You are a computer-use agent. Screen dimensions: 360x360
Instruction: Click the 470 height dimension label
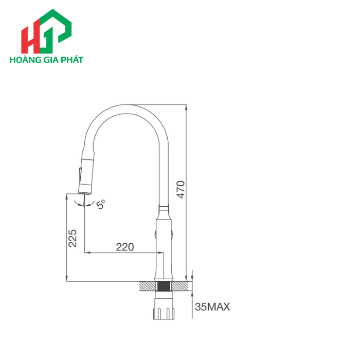tap(181, 189)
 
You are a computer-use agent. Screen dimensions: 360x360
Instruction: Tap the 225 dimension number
tap(73, 238)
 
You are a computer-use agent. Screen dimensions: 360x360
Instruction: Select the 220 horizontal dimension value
tap(124, 247)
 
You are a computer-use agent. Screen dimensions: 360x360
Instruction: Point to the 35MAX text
tap(212, 307)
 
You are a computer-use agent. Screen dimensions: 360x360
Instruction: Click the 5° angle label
tap(100, 205)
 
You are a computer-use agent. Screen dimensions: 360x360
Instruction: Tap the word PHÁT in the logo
tap(73, 59)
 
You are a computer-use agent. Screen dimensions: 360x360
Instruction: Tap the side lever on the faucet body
tap(172, 235)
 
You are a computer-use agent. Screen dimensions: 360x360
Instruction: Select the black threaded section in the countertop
tap(164, 286)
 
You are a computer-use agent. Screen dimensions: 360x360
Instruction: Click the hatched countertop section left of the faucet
tap(148, 286)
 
